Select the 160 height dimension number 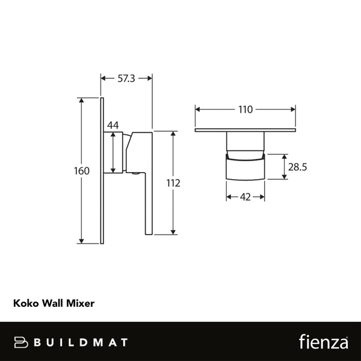coord(82,171)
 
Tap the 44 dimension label coord(113,125)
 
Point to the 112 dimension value coord(173,183)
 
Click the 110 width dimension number coord(245,110)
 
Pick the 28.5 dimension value coord(297,167)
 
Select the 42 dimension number coord(245,197)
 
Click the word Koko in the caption coord(25,304)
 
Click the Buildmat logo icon coord(22,342)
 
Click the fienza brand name coord(323,342)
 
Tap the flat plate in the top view coord(245,131)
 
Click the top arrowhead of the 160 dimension coord(82,100)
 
